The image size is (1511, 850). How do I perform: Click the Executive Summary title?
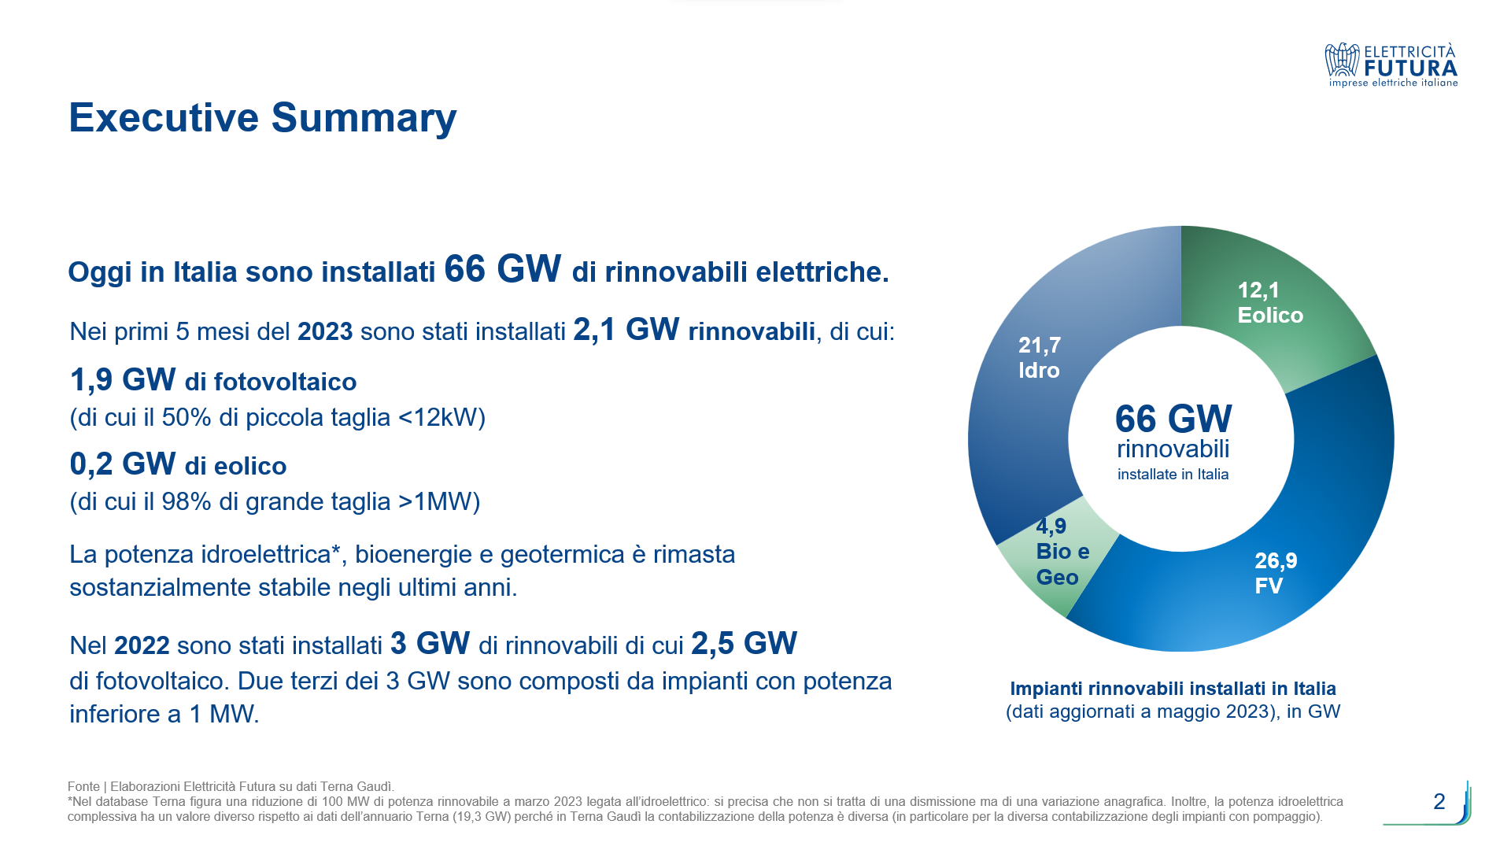click(x=262, y=118)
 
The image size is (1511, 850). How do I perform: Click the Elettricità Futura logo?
click(x=1391, y=65)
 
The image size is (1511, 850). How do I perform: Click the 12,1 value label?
click(x=1258, y=290)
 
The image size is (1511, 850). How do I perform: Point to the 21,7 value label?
click(x=1040, y=346)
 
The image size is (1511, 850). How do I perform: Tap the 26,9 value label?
click(x=1276, y=561)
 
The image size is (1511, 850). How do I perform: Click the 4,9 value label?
click(x=1051, y=527)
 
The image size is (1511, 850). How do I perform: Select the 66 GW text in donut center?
click(x=1173, y=419)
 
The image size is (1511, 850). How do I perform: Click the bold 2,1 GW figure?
click(x=626, y=331)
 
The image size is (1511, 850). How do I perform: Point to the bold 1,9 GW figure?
click(x=123, y=380)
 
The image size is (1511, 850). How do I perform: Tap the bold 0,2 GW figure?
click(x=123, y=464)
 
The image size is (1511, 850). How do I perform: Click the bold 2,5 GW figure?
click(x=744, y=644)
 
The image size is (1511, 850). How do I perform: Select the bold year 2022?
click(x=142, y=646)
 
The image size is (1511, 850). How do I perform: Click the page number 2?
click(x=1439, y=801)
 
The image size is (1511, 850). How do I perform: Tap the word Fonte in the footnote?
click(x=83, y=786)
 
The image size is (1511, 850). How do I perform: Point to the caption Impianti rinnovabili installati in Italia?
click(x=1173, y=689)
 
